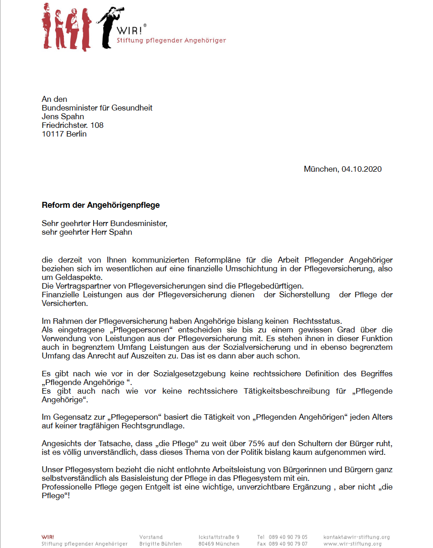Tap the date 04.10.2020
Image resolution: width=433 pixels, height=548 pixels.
[x=361, y=169]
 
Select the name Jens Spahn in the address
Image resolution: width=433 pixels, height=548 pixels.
[x=63, y=116]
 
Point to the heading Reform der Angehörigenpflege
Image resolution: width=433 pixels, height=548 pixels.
[x=100, y=205]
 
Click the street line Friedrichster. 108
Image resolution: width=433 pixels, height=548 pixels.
[x=72, y=125]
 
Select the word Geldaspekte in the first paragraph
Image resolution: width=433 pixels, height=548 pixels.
[x=72, y=278]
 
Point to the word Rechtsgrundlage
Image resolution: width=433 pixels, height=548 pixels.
[x=147, y=426]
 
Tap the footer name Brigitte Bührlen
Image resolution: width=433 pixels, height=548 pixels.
[x=160, y=544]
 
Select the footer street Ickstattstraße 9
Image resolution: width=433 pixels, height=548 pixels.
[x=219, y=537]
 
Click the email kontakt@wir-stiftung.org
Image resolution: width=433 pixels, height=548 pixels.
[x=356, y=537]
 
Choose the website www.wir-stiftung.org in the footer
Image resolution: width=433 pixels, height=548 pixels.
[x=352, y=544]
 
